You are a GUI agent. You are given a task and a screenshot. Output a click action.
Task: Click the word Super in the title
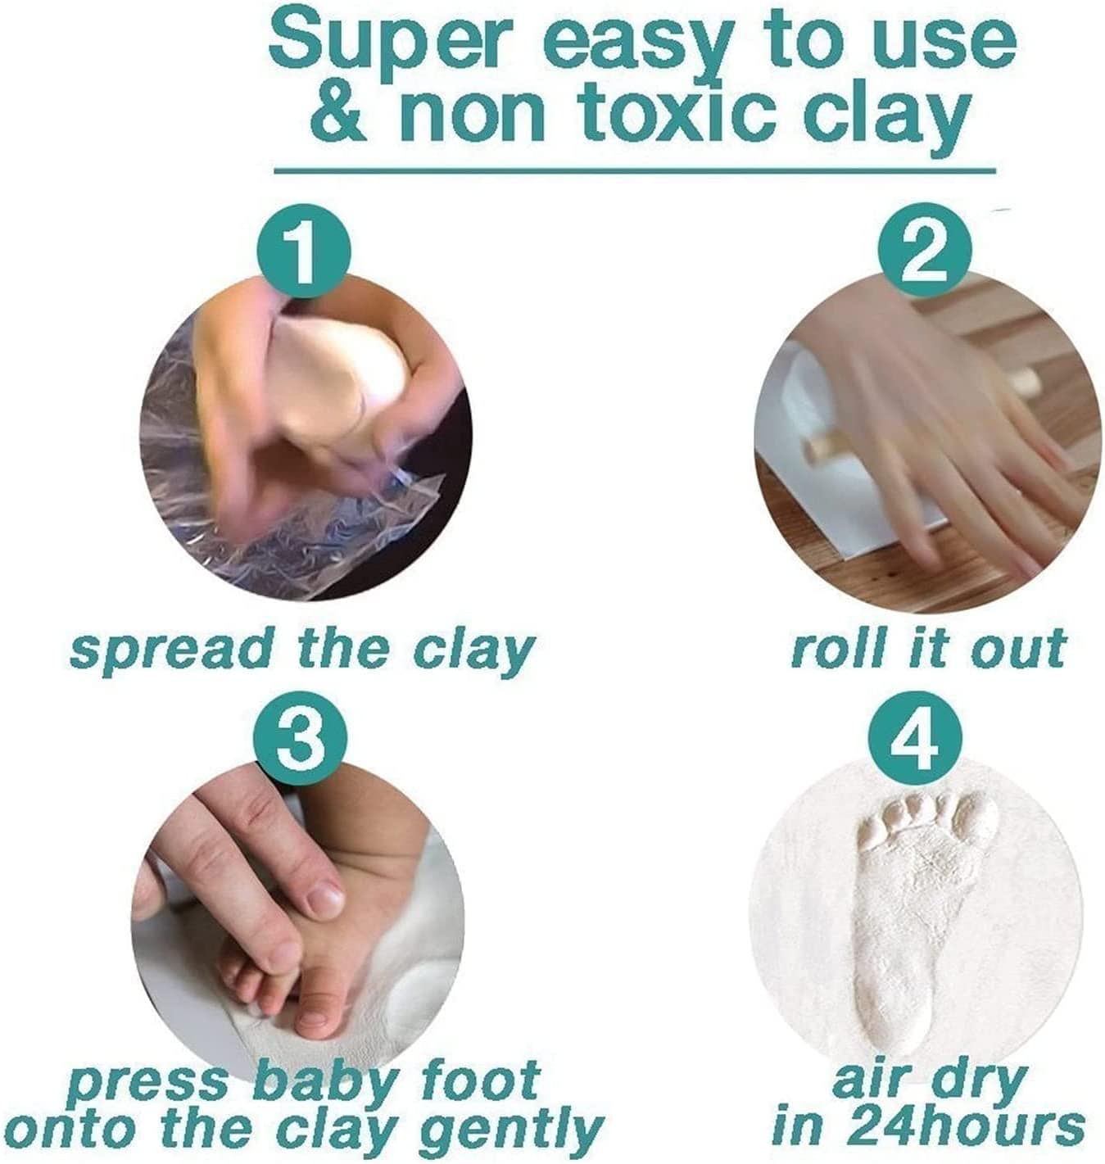click(385, 45)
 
